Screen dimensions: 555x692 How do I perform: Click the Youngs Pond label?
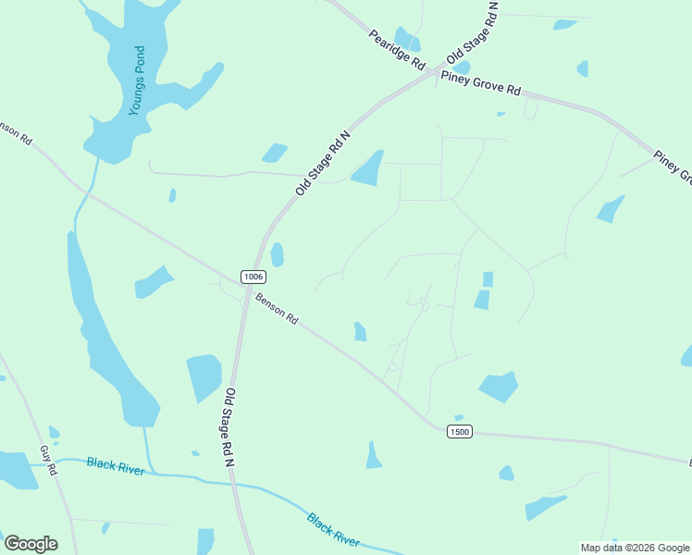point(138,80)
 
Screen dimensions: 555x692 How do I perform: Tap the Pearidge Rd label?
point(396,51)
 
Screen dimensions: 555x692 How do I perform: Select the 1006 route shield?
point(253,277)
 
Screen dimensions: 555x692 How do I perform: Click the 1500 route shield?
point(459,431)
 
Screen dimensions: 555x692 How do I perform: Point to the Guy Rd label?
point(48,460)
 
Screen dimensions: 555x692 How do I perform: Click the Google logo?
point(31,544)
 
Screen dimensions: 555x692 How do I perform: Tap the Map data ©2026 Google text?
point(634,548)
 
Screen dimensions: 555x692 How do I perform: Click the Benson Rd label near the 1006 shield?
point(277,308)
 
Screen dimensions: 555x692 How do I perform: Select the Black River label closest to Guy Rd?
point(116,465)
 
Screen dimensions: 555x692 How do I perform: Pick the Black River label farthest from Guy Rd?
point(333,530)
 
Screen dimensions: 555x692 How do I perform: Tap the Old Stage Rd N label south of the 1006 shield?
point(229,425)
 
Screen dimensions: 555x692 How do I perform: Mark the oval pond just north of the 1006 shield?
point(277,254)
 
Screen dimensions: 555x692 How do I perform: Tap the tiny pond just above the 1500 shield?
point(459,418)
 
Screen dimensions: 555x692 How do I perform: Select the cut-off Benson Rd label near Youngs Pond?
point(18,132)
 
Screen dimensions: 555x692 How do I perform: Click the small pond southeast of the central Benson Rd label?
point(360,331)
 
